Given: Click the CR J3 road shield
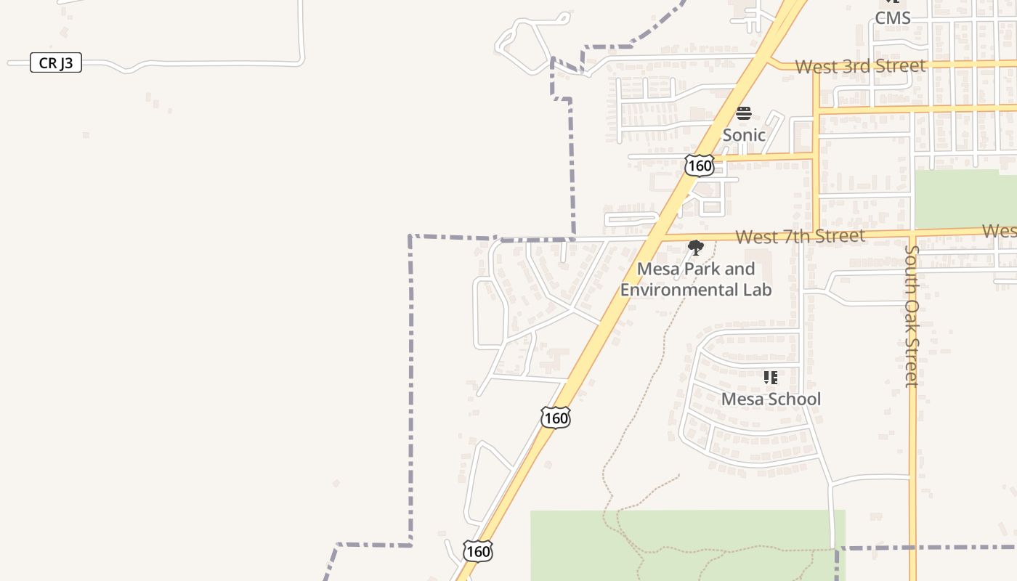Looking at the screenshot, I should pyautogui.click(x=56, y=63).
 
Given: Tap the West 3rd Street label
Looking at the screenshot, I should pyautogui.click(x=860, y=66).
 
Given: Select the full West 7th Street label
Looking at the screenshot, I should pyautogui.click(x=800, y=237).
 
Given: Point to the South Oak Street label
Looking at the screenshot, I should pyautogui.click(x=912, y=316).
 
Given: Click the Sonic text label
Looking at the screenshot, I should pyautogui.click(x=743, y=135).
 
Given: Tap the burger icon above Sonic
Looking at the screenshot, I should pyautogui.click(x=743, y=113).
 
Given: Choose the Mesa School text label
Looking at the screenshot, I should pyautogui.click(x=771, y=399).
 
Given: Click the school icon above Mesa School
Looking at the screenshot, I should pyautogui.click(x=771, y=378).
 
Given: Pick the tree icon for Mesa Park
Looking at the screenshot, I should pyautogui.click(x=696, y=248).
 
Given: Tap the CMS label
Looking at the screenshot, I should pyautogui.click(x=892, y=18).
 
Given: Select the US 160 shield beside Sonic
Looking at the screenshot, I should pyautogui.click(x=699, y=166).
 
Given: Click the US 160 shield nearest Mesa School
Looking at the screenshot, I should pyautogui.click(x=556, y=418).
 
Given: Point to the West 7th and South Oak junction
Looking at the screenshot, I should pyautogui.click(x=912, y=234).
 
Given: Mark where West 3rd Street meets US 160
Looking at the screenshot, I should pyautogui.click(x=770, y=62).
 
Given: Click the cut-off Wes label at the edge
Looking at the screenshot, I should pyautogui.click(x=999, y=231).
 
